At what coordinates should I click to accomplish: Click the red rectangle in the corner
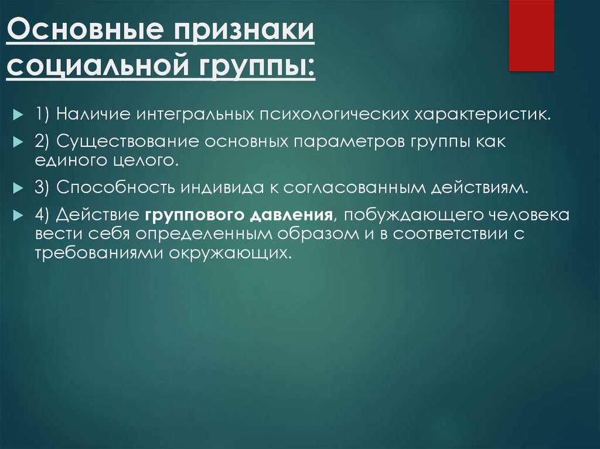click(x=531, y=35)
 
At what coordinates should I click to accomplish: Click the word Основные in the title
click(x=86, y=29)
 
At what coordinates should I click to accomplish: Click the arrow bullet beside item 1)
click(x=18, y=115)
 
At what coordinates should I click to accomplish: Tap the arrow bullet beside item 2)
click(x=18, y=142)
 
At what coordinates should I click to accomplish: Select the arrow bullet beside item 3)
click(x=18, y=188)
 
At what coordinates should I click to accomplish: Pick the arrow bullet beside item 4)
click(x=18, y=215)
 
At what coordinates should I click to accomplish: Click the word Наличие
click(x=93, y=114)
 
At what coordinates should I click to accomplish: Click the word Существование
click(x=128, y=142)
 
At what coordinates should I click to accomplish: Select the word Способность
click(x=115, y=187)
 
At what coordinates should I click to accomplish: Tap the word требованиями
click(x=100, y=253)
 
